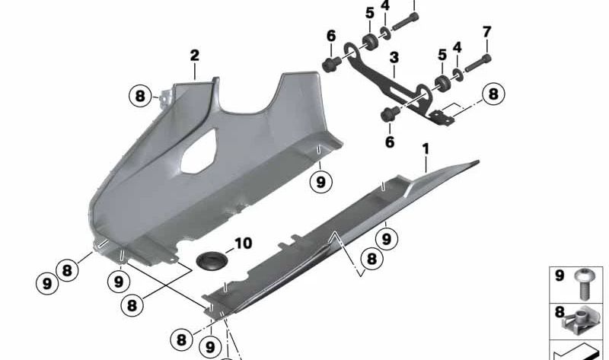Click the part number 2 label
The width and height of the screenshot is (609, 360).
click(194, 55)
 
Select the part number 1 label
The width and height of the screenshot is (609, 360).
click(426, 147)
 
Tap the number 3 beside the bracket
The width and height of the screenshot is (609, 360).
click(394, 57)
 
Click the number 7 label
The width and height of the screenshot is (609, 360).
click(487, 32)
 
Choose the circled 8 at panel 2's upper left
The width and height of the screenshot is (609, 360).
click(139, 97)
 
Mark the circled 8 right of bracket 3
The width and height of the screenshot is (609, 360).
click(493, 94)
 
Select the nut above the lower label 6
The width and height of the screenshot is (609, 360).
click(388, 115)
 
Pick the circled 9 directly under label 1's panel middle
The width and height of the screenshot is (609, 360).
click(387, 239)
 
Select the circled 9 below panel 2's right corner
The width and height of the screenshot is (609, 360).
click(321, 182)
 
